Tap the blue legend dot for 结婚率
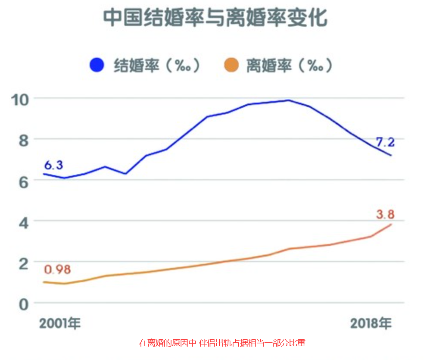[97, 66]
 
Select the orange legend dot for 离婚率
[231, 66]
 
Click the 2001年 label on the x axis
[60, 323]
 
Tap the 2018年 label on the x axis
[371, 323]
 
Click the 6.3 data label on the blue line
[53, 164]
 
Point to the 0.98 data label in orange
[57, 270]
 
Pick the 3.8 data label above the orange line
[385, 214]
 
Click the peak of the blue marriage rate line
[288, 100]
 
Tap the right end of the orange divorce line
[391, 224]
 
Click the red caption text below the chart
[222, 343]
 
